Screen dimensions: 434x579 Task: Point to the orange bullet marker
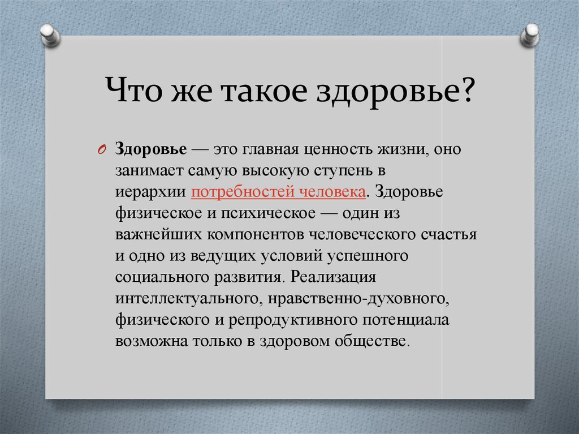(102, 149)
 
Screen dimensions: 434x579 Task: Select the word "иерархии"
(151, 192)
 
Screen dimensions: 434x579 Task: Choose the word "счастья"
(450, 235)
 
